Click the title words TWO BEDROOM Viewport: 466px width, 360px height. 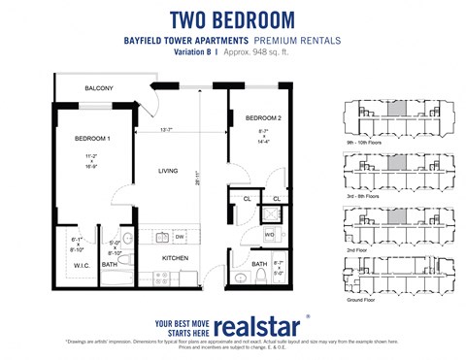232,19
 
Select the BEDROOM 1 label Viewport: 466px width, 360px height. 92,139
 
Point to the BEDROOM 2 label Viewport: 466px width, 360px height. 248,117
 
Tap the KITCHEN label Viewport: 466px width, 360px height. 175,258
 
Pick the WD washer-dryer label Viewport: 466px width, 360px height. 269,234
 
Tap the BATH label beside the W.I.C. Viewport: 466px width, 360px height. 110,263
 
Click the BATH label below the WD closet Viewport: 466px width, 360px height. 259,263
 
